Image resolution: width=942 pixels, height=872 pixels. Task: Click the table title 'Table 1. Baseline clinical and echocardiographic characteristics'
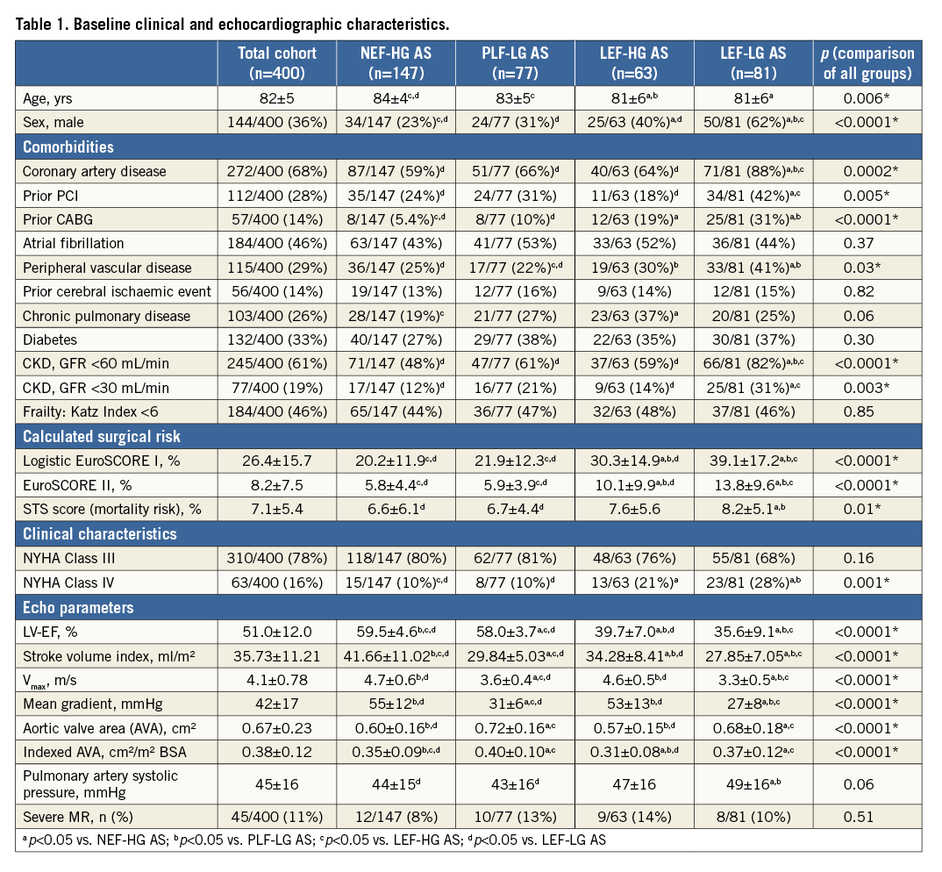(246, 21)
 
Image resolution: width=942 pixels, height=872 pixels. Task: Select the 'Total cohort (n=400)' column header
(276, 63)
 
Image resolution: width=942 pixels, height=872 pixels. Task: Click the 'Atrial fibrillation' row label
(75, 244)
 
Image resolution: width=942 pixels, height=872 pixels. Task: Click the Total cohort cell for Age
(276, 98)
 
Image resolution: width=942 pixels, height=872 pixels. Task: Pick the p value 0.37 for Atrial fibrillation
(867, 244)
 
